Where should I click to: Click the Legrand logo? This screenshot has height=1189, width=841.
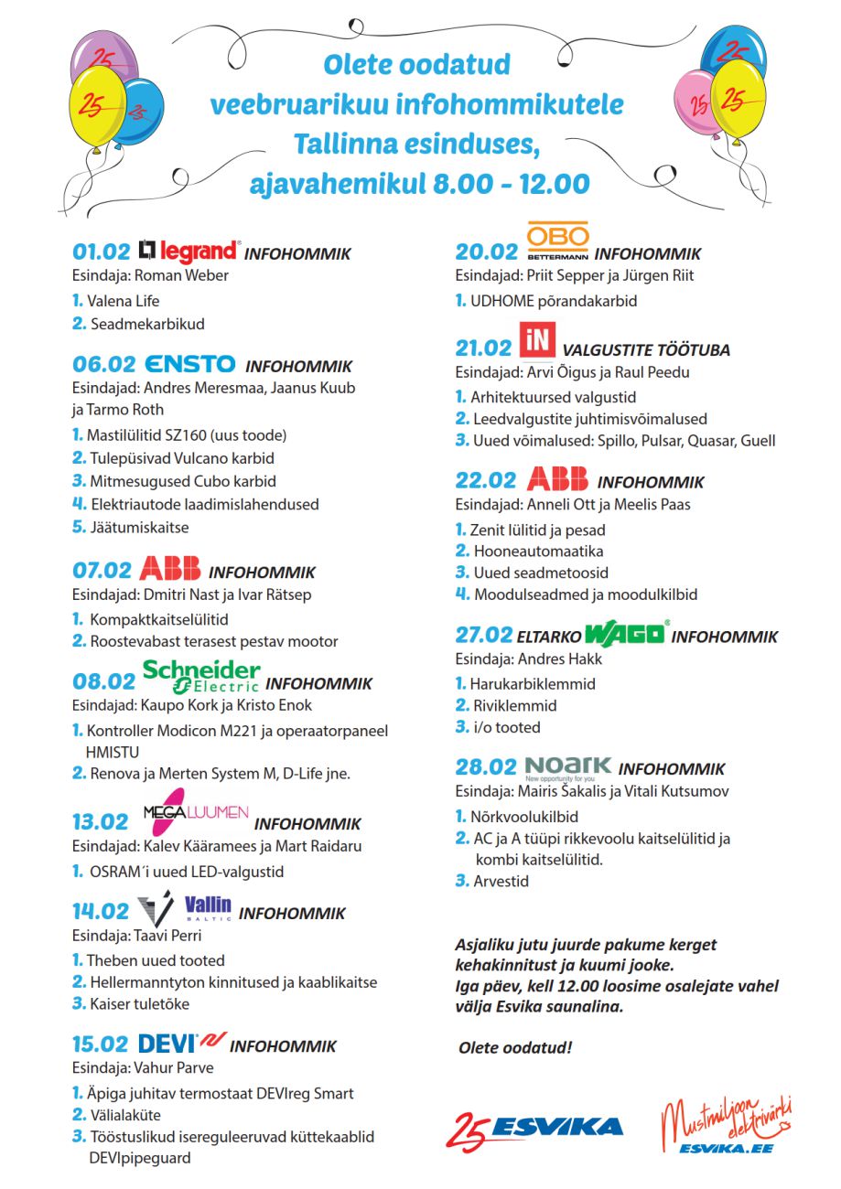189,251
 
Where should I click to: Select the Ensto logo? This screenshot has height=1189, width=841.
190,364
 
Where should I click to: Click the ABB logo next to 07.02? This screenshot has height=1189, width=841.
169,569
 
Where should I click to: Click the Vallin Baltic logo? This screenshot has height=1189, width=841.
209,908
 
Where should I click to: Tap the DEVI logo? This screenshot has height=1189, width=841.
179,1043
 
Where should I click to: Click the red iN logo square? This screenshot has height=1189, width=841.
536,340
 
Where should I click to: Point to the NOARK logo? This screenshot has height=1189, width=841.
567,766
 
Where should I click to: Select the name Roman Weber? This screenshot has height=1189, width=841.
187,275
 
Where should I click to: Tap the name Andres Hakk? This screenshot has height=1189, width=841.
566,659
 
